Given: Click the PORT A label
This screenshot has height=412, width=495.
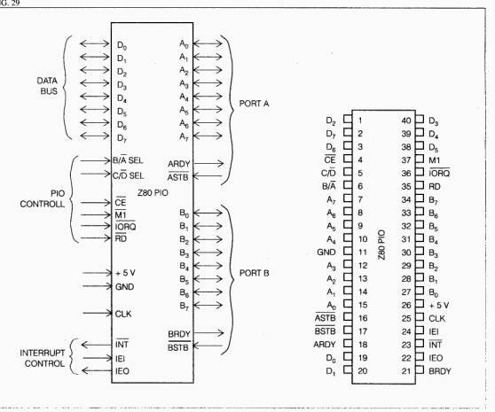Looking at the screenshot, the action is pyautogui.click(x=254, y=104).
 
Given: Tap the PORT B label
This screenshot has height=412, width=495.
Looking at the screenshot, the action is pyautogui.click(x=254, y=273).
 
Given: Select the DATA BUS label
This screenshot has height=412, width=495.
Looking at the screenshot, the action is pyautogui.click(x=47, y=86).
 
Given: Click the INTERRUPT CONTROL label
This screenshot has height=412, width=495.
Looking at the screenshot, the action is pyautogui.click(x=43, y=358).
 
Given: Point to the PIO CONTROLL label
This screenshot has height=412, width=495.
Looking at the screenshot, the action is pyautogui.click(x=43, y=198).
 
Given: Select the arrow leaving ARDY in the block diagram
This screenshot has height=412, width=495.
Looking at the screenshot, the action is pyautogui.click(x=208, y=163).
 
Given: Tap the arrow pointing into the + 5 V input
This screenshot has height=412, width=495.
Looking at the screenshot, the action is pyautogui.click(x=98, y=273).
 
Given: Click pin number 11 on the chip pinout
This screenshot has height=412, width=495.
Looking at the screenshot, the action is pyautogui.click(x=363, y=253).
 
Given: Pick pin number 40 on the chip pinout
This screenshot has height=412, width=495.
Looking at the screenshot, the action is pyautogui.click(x=406, y=120).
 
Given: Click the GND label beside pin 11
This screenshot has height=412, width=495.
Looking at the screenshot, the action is pyautogui.click(x=326, y=253).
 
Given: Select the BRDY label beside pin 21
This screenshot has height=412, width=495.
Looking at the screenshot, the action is pyautogui.click(x=440, y=371).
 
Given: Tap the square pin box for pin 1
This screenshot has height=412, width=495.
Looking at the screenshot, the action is pyautogui.click(x=348, y=119).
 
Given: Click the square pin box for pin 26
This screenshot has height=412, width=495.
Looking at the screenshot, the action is pyautogui.click(x=420, y=304).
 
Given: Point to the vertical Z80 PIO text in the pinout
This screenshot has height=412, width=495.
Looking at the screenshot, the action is pyautogui.click(x=381, y=245).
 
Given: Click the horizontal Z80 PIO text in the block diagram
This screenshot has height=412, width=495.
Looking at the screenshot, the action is pyautogui.click(x=153, y=192).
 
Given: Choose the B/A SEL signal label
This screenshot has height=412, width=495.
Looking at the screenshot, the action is pyautogui.click(x=128, y=160).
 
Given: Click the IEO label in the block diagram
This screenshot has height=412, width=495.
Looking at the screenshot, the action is pyautogui.click(x=122, y=371).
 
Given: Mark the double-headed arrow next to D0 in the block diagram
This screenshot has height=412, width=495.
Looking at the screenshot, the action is pyautogui.click(x=95, y=43).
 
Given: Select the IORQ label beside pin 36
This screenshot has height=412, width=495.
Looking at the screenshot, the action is pyautogui.click(x=439, y=173).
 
